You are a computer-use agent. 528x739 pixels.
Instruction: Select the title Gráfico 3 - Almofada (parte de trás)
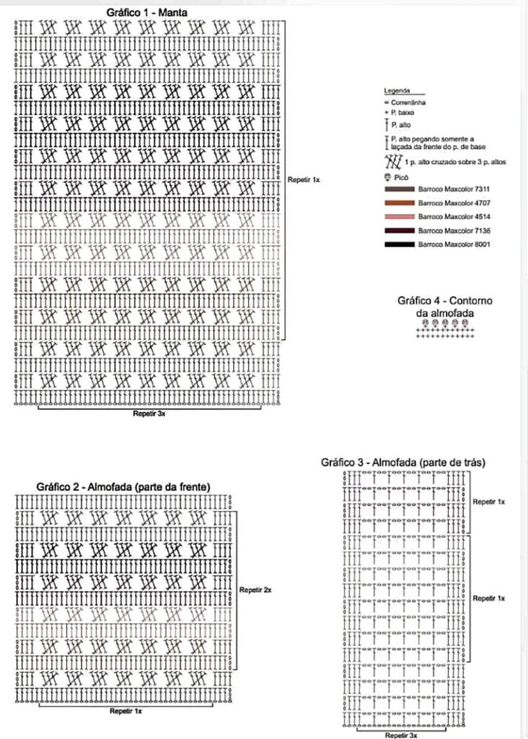click(403, 462)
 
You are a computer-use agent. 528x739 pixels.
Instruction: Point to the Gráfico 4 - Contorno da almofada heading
click(445, 306)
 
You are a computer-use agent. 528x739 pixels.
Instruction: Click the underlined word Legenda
click(397, 92)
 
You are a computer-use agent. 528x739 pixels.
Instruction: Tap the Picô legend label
click(400, 176)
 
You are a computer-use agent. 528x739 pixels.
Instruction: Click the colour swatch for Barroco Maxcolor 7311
click(400, 189)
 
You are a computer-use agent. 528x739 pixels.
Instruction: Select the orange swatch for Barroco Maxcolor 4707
click(400, 203)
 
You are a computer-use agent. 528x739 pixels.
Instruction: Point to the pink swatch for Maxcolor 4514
click(400, 217)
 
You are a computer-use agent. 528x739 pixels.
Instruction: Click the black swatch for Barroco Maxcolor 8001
click(400, 245)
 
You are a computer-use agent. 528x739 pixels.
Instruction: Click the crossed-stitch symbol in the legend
click(394, 162)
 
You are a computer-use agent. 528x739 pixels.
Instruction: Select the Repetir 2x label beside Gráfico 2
click(255, 590)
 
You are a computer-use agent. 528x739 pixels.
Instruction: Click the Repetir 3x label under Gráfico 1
click(150, 414)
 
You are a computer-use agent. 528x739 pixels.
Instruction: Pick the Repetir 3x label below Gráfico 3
click(402, 734)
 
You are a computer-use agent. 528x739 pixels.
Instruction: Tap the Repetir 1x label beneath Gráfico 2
click(126, 711)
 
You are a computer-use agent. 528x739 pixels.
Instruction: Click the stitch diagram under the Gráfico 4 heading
click(446, 329)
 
